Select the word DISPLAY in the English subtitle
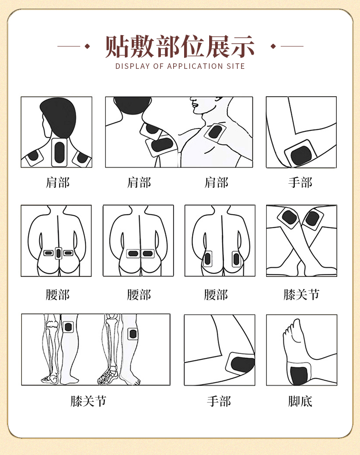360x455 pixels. click(132, 66)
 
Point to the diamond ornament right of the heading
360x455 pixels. click(273, 46)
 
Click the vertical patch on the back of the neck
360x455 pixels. click(59, 152)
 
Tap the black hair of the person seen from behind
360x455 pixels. click(58, 114)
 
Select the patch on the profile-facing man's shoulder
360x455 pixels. click(214, 133)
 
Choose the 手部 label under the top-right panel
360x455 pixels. click(301, 183)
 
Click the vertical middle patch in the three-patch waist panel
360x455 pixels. click(58, 253)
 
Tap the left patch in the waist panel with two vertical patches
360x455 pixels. click(208, 259)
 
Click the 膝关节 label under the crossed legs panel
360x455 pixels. click(301, 295)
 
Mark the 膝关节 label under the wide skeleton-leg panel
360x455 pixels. click(88, 401)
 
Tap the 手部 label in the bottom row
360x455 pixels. click(219, 401)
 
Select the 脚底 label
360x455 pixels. click(301, 401)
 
